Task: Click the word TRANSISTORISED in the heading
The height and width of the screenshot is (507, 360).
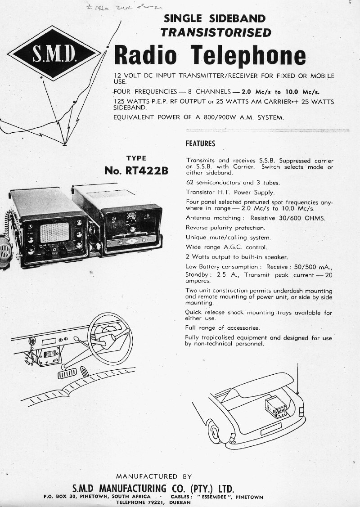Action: pyautogui.click(x=216, y=32)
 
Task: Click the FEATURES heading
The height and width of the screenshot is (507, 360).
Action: pyautogui.click(x=200, y=144)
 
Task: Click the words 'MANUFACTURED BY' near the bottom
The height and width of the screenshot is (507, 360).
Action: pyautogui.click(x=153, y=476)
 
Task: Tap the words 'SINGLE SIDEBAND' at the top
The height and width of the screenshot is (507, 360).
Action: pyautogui.click(x=215, y=19)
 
